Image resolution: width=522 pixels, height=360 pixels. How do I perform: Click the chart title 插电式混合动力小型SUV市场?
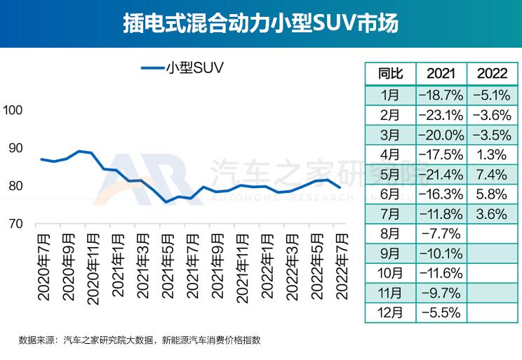pyautogui.click(x=260, y=23)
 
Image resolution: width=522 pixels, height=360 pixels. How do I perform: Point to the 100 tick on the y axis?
pyautogui.click(x=14, y=110)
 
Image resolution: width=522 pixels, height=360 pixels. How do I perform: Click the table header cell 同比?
pyautogui.click(x=390, y=74)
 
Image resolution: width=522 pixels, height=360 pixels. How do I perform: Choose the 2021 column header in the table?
pyautogui.click(x=441, y=74)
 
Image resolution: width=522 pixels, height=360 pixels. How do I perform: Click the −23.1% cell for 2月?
pyautogui.click(x=441, y=114)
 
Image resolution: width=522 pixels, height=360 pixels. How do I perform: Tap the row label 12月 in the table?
pyautogui.click(x=390, y=312)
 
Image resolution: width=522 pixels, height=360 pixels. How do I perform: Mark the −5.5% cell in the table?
pyautogui.click(x=441, y=312)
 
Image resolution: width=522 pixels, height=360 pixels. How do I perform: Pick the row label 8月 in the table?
pyautogui.click(x=390, y=233)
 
